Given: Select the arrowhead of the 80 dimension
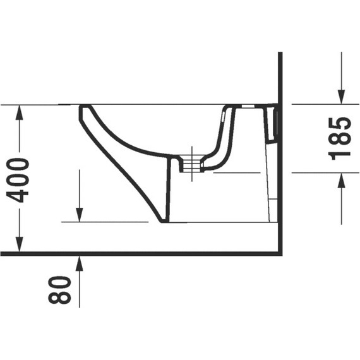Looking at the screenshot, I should click(x=79, y=263).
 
